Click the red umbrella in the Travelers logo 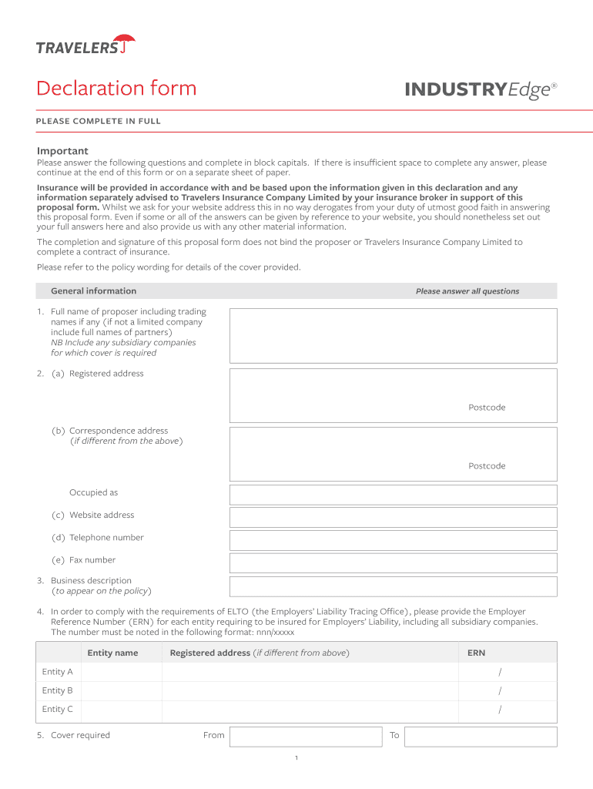(x=125, y=43)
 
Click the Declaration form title (x=116, y=89)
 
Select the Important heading (x=62, y=151)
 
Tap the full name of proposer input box (x=393, y=335)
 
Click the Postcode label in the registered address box (x=487, y=408)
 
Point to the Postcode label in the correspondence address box (x=487, y=466)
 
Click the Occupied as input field (x=393, y=494)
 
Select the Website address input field (x=393, y=516)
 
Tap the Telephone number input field (x=393, y=539)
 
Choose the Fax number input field (x=393, y=562)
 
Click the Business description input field (x=393, y=586)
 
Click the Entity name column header (x=112, y=653)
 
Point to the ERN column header (x=476, y=653)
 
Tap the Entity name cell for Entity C (x=121, y=710)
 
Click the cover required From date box (x=306, y=736)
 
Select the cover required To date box (x=480, y=736)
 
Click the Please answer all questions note (x=467, y=291)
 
